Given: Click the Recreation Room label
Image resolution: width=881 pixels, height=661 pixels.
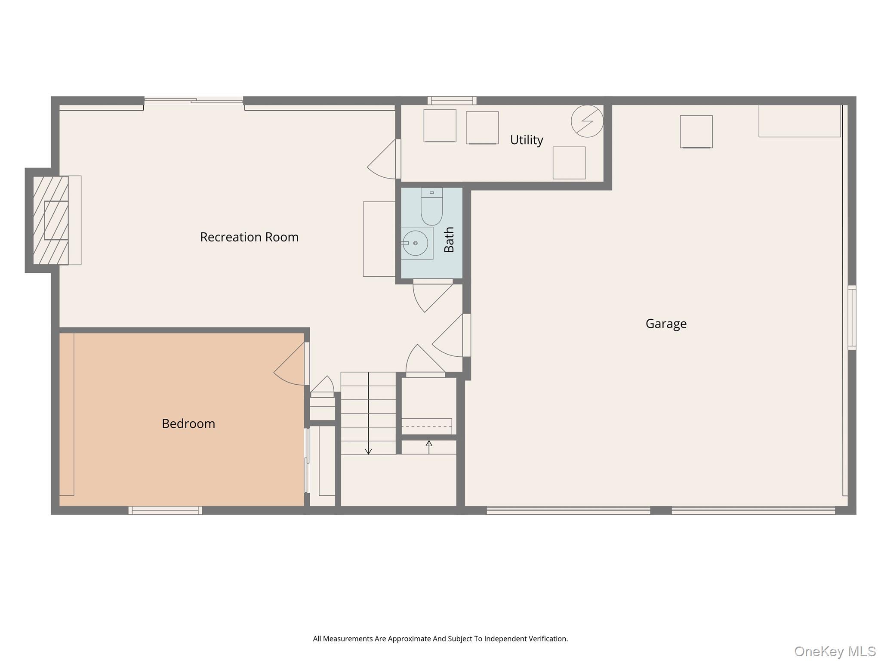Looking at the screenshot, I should tap(249, 237).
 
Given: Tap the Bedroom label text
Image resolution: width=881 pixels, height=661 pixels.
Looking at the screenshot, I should tap(188, 424).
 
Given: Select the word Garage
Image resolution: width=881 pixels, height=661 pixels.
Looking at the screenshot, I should tap(666, 324).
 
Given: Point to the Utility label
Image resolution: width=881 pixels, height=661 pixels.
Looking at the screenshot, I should tap(527, 140).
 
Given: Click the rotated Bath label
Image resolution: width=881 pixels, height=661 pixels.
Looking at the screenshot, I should tap(449, 240).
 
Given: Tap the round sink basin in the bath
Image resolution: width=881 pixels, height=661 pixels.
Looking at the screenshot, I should tap(415, 243).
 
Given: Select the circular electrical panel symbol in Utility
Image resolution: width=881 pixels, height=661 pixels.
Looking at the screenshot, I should tap(587, 121).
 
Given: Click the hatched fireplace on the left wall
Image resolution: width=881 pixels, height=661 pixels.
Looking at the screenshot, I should tap(51, 220).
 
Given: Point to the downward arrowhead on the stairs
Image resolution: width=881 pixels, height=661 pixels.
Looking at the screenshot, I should tap(368, 451).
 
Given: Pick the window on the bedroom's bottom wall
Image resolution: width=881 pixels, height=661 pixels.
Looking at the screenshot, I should tap(165, 510).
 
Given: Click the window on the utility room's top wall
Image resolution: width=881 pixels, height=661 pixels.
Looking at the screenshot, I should tap(452, 101).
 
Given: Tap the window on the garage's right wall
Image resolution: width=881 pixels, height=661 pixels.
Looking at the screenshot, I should tap(852, 318).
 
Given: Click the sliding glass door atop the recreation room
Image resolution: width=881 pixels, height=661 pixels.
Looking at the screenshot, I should tap(194, 101).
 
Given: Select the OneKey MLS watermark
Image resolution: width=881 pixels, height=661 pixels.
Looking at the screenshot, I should tap(835, 652).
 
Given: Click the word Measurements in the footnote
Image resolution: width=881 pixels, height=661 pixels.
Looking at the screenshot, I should tap(348, 639).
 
